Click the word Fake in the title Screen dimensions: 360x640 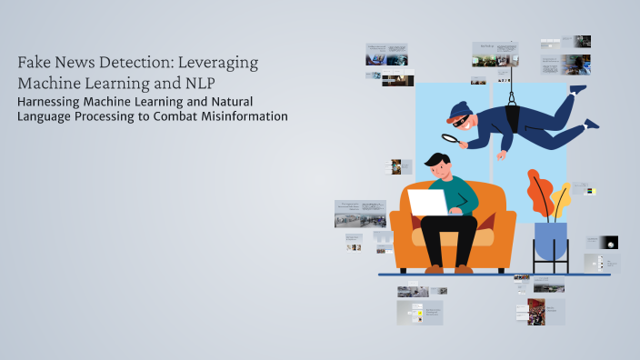point(35,63)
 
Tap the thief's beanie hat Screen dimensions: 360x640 point(456,107)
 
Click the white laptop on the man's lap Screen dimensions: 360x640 point(427,202)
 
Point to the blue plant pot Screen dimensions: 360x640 point(550,239)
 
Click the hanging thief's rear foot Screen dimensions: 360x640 point(592,123)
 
